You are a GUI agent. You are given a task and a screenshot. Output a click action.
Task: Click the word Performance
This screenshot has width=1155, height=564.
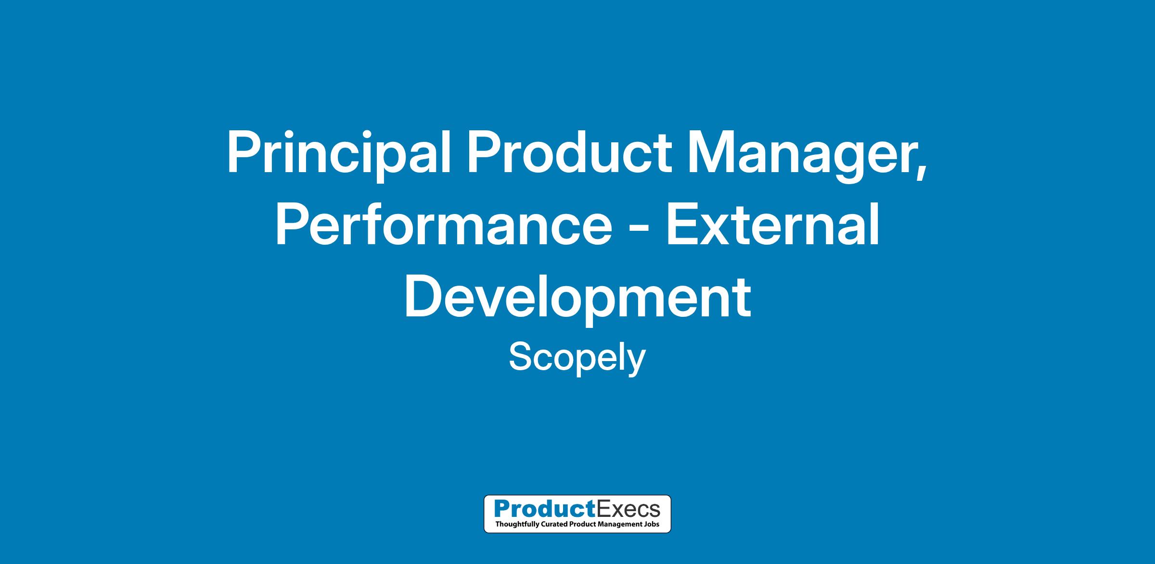(x=443, y=225)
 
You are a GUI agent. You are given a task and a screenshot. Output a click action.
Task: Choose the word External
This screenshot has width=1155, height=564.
(x=772, y=223)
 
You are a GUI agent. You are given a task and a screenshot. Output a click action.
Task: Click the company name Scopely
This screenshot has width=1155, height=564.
(x=577, y=358)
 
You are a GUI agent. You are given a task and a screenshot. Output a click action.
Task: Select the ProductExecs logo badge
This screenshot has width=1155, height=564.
(x=577, y=514)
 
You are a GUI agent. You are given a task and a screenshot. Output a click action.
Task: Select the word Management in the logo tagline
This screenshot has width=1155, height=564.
(x=618, y=524)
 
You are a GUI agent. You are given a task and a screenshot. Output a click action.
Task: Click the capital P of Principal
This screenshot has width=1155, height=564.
(x=244, y=152)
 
